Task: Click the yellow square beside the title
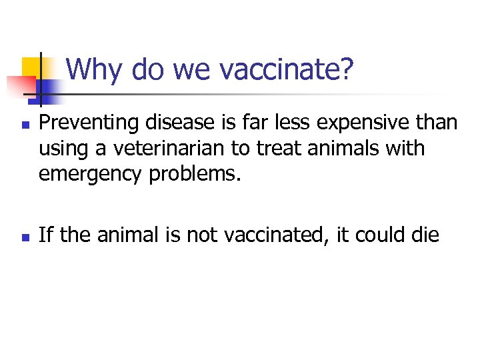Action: [x=31, y=67]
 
